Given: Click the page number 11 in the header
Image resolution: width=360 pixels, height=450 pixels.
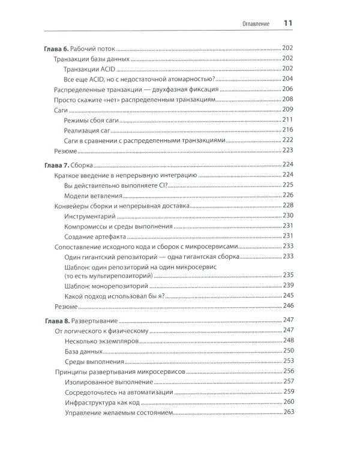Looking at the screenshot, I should (287, 23).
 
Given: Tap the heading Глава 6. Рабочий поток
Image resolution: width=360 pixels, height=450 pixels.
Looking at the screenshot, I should (79, 48).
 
